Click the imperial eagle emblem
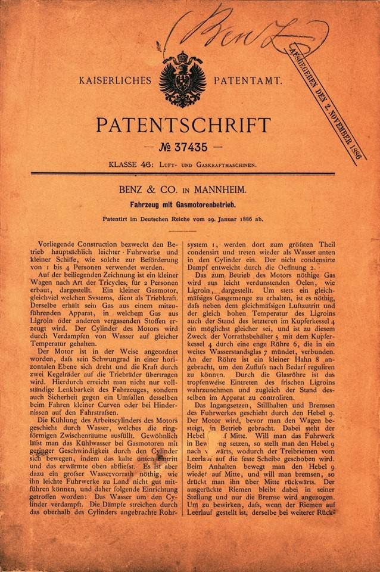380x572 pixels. (182, 79)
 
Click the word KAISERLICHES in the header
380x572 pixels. (116, 79)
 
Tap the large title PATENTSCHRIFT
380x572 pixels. (183, 126)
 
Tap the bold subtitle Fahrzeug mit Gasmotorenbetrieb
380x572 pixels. (183, 204)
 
